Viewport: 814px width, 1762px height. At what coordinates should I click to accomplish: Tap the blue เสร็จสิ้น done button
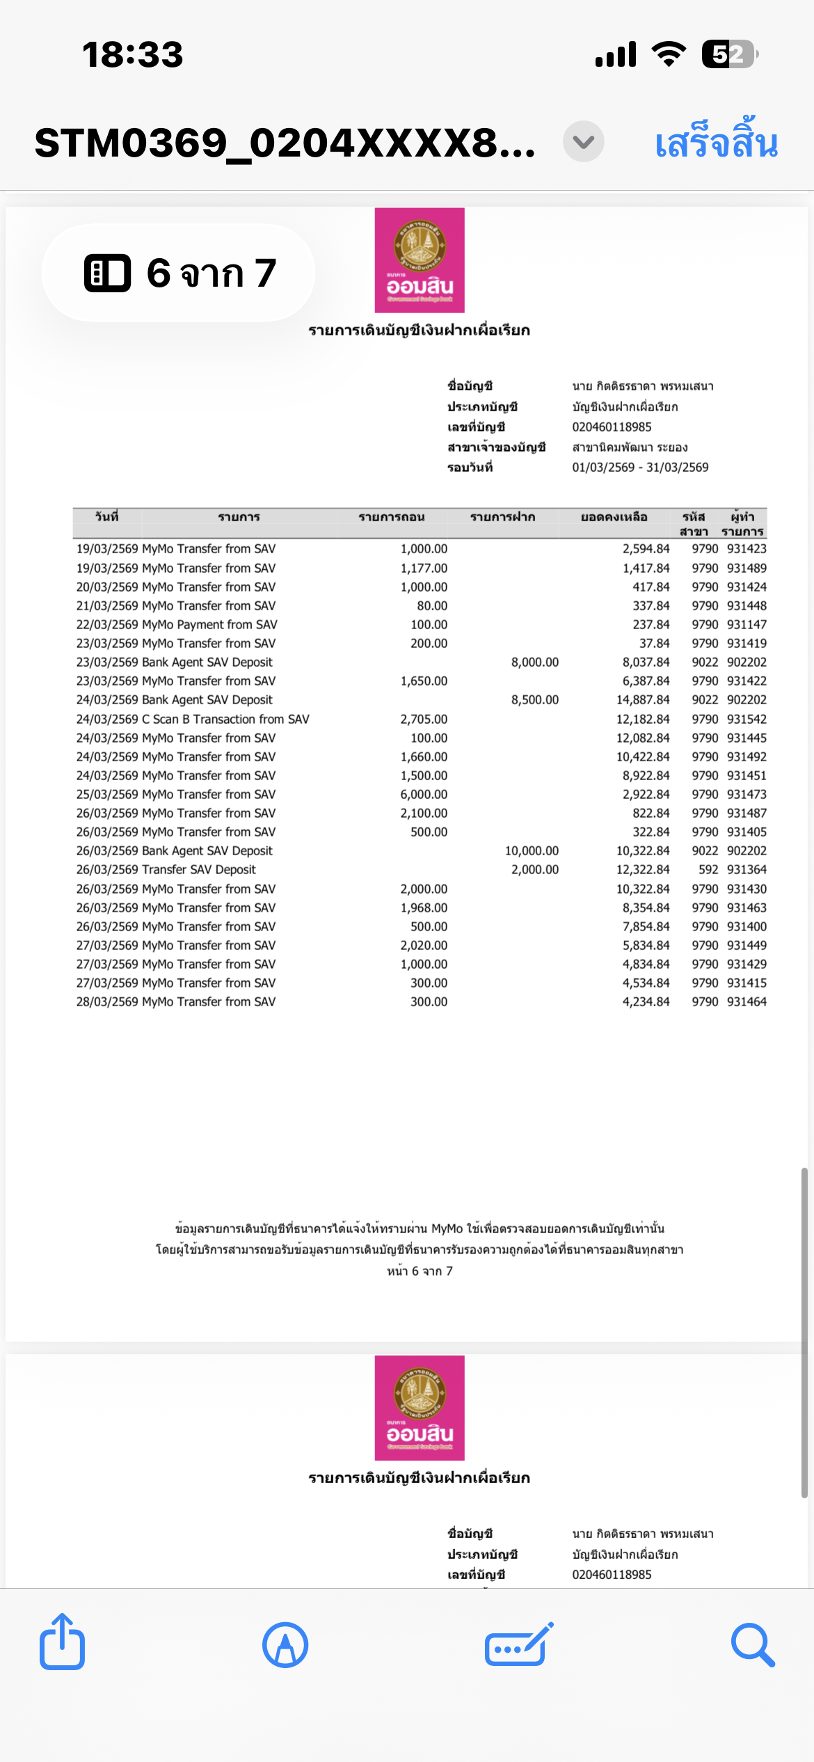point(716,143)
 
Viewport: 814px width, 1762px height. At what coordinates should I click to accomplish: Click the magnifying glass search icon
point(753,1645)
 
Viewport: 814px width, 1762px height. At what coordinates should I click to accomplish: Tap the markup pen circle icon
point(285,1645)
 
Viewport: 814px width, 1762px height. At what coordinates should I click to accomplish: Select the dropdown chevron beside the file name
point(583,142)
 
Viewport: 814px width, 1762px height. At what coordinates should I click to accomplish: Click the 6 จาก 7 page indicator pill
point(179,273)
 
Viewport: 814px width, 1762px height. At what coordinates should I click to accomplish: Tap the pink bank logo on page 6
point(420,260)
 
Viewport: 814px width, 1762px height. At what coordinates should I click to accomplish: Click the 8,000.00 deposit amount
point(534,662)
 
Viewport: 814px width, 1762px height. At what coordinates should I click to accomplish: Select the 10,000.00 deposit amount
point(532,851)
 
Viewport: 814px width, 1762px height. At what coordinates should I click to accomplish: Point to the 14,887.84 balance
point(643,700)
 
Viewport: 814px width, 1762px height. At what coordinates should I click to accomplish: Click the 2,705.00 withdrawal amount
point(424,720)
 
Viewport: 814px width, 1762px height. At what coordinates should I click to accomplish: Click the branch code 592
point(708,870)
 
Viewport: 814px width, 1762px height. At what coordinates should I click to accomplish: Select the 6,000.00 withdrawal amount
point(424,795)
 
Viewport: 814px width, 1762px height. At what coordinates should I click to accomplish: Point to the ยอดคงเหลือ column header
point(614,517)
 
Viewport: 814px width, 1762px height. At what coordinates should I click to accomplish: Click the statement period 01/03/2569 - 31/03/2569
point(640,468)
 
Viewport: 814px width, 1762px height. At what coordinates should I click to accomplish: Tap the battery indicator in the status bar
point(729,54)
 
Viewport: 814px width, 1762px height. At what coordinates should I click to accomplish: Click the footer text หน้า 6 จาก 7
point(420,1271)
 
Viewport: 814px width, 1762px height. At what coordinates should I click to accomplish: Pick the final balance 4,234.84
point(646,1002)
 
